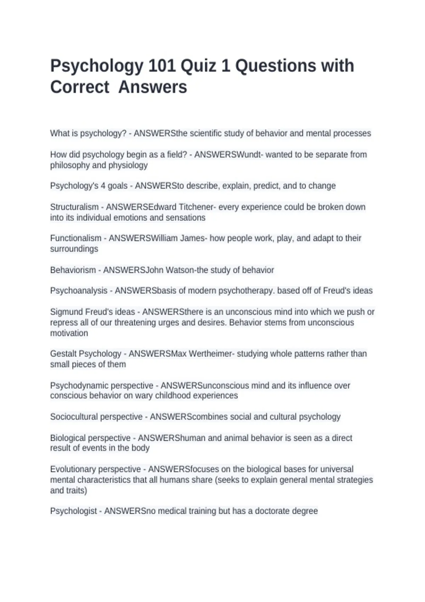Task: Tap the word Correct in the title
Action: click(x=80, y=87)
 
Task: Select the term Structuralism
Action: click(x=74, y=207)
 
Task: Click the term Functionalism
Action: click(x=76, y=238)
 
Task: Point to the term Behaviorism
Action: click(x=73, y=270)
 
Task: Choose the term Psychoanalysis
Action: click(x=79, y=290)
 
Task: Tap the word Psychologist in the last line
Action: click(x=73, y=511)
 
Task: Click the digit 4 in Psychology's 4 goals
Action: click(x=103, y=186)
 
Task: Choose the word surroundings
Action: click(x=74, y=249)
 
